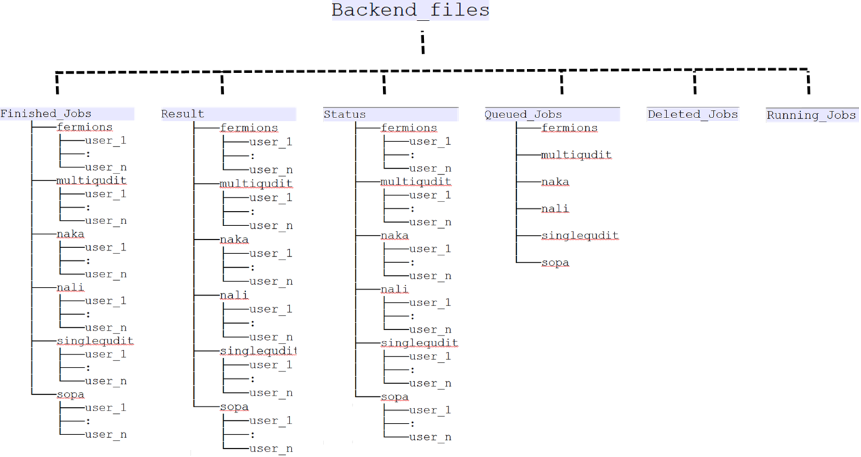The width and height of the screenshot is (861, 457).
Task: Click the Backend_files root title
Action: (x=410, y=11)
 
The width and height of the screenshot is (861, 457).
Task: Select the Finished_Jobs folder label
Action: (x=46, y=114)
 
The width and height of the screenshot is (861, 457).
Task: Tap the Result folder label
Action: (x=182, y=114)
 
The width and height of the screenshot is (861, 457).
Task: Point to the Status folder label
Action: (x=345, y=115)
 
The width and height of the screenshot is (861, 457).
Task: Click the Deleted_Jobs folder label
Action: (x=692, y=115)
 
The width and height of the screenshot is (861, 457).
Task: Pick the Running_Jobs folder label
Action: (x=811, y=115)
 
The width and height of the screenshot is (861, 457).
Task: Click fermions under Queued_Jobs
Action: (x=569, y=128)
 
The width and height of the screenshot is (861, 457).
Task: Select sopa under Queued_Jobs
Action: (x=554, y=263)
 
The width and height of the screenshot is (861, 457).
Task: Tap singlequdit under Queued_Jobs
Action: (x=580, y=236)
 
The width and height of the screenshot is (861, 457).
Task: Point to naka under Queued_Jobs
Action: (x=554, y=182)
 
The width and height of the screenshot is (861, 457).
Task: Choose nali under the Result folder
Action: (x=234, y=296)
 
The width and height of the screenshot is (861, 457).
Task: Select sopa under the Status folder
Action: (x=395, y=397)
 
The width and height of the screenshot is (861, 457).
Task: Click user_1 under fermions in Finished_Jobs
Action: (x=106, y=141)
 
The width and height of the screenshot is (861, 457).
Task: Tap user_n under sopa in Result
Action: (x=270, y=449)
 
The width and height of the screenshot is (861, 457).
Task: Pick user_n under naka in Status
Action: (x=430, y=276)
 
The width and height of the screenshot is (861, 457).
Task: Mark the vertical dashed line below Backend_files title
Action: (x=423, y=42)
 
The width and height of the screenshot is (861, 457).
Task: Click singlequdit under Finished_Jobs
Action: (x=95, y=341)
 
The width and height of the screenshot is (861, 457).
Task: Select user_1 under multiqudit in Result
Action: (x=270, y=198)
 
